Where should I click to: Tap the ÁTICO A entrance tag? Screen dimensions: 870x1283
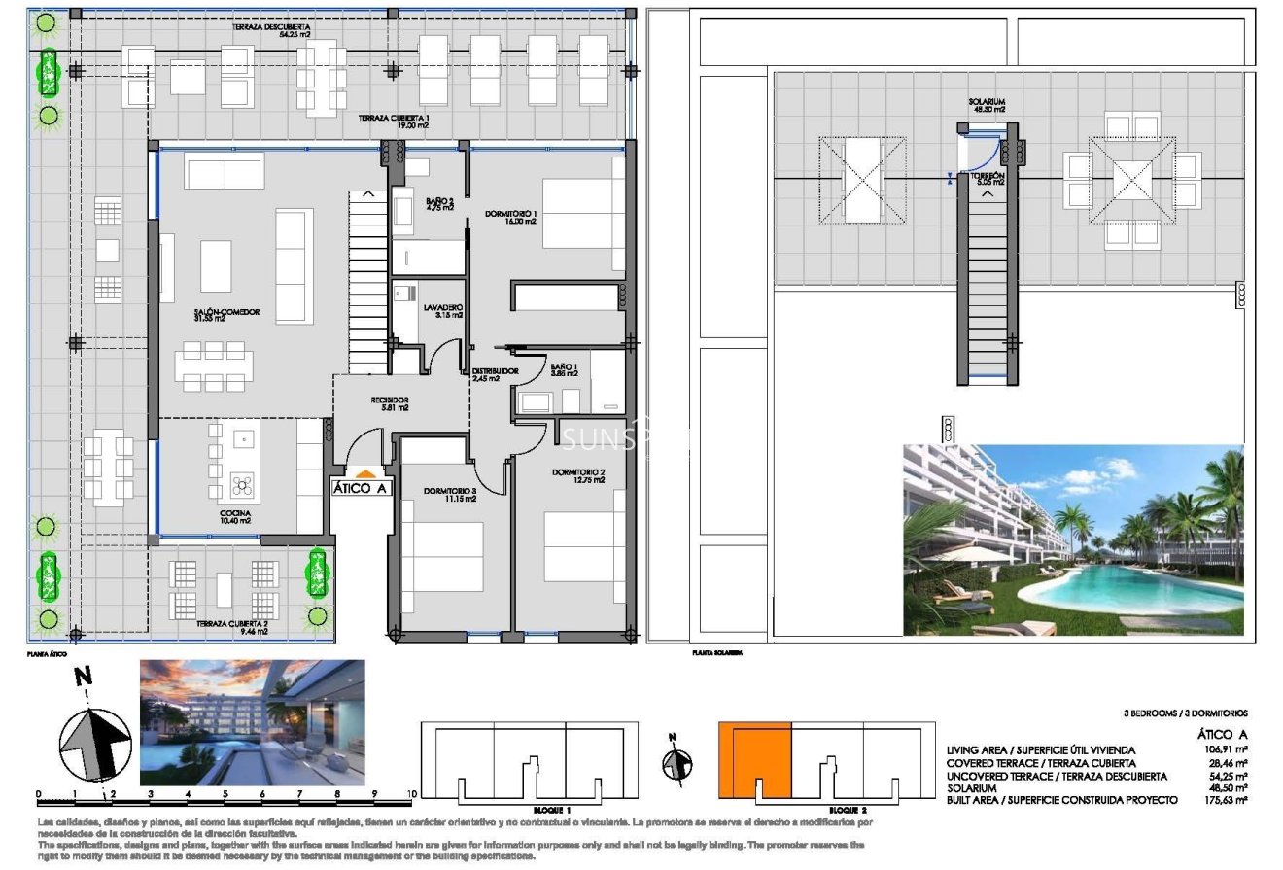pyautogui.click(x=361, y=488)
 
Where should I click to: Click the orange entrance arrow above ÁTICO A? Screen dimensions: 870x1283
pyautogui.click(x=361, y=471)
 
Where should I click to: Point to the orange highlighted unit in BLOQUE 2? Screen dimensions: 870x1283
pyautogui.click(x=754, y=759)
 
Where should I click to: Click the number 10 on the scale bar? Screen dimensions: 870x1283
pyautogui.click(x=411, y=794)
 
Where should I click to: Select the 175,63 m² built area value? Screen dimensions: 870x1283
pyautogui.click(x=1228, y=800)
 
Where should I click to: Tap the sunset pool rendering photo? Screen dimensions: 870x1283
pyautogui.click(x=253, y=722)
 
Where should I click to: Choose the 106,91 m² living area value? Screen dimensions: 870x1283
pyautogui.click(x=1228, y=750)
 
